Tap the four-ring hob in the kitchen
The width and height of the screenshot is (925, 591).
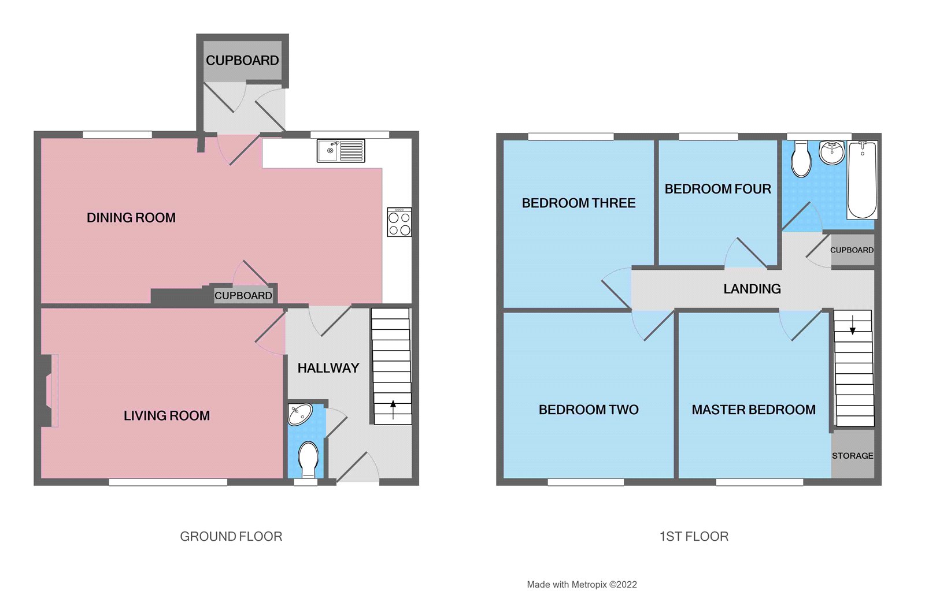[x=399, y=223]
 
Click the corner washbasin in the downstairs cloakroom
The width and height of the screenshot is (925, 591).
[x=299, y=414]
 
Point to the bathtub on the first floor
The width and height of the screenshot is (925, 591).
[x=862, y=180]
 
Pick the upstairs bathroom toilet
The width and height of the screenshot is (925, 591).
[x=801, y=159]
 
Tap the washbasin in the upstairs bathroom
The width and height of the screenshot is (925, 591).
[x=832, y=153]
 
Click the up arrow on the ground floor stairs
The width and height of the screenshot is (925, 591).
[x=393, y=409]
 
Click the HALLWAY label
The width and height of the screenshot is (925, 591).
[x=328, y=368]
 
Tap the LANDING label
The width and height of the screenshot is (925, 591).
[x=752, y=289]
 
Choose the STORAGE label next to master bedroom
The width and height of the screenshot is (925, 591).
[x=852, y=456]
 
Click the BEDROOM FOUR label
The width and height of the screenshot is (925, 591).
[x=717, y=189]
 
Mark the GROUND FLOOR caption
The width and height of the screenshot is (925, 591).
[x=231, y=537]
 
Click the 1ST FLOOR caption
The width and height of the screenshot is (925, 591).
[x=694, y=537]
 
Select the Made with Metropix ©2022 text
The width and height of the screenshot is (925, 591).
[x=582, y=585]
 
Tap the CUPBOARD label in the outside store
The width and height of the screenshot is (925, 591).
[x=242, y=61]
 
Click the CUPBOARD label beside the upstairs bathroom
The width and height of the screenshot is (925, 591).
[x=852, y=250]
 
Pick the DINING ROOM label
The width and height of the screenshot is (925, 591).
[x=131, y=218]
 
